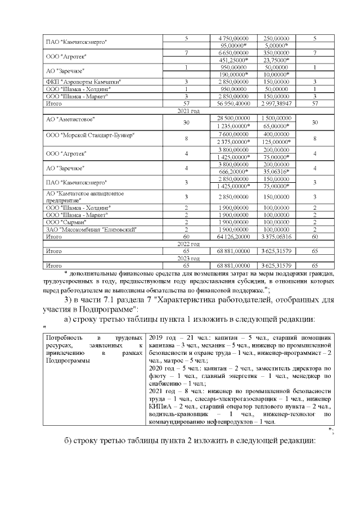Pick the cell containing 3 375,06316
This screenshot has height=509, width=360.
[x=276, y=237]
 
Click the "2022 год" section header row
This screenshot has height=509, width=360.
[x=188, y=244]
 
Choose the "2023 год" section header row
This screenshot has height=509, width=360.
[x=188, y=258]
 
